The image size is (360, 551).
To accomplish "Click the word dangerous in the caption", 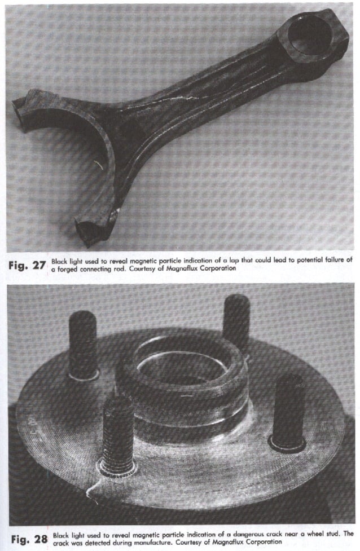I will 217,534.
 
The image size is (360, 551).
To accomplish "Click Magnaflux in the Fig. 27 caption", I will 178,270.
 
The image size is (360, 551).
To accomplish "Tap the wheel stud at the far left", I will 82,344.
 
